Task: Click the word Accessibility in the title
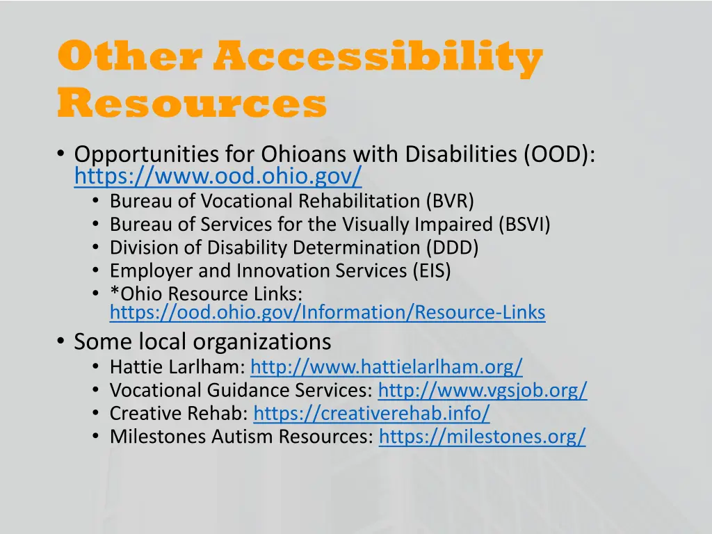pos(378,57)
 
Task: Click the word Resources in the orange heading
pos(192,104)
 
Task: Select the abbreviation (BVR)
pos(450,201)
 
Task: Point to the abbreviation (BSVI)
pos(524,225)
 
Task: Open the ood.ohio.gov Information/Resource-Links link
pos(327,313)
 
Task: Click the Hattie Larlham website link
pos(386,366)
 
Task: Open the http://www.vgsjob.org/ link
pos(483,390)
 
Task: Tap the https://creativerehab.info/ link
pos(371,413)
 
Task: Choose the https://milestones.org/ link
pos(483,436)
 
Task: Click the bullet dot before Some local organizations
pos(61,341)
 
